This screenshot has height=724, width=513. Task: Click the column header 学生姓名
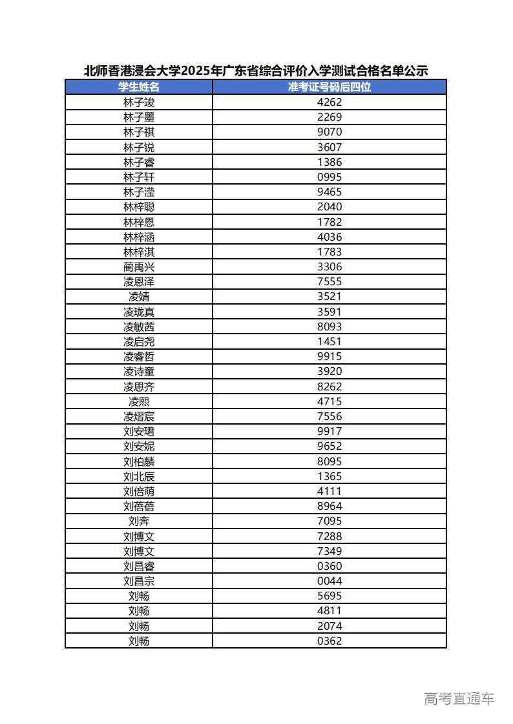coord(139,87)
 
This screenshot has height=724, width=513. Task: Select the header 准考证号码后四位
coord(330,87)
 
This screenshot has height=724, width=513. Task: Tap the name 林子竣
coord(139,102)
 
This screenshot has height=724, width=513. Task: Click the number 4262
coord(330,102)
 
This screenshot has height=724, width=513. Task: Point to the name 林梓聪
coord(139,207)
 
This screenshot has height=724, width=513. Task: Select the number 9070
coord(330,132)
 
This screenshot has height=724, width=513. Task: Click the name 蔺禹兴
coord(139,266)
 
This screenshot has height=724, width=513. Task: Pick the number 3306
coord(330,266)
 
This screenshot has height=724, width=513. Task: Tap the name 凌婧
coord(139,297)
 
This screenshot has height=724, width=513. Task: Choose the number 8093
coord(330,327)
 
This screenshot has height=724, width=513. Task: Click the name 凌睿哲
coord(139,357)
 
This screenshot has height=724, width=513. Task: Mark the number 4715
coord(330,401)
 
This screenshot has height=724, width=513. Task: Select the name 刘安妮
coord(139,447)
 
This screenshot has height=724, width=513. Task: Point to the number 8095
coord(330,461)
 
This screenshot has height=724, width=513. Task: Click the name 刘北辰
coord(139,476)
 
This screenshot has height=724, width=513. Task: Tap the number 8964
coord(330,507)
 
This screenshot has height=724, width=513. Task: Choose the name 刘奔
coord(139,521)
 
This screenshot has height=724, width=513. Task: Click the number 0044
coord(330,581)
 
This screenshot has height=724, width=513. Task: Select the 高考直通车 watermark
coord(459,698)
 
